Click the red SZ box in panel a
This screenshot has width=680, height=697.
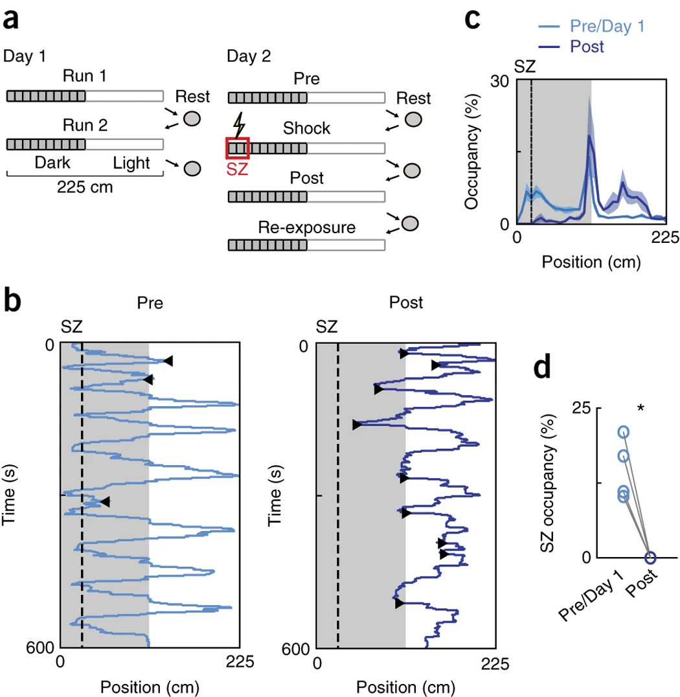tap(237, 148)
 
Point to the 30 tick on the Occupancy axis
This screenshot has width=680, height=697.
tap(503, 80)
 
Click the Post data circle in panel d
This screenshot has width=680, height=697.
tap(650, 557)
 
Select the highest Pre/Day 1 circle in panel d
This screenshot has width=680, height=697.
tap(623, 432)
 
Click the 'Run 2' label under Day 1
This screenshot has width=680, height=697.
tap(84, 124)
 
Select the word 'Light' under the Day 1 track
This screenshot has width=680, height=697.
tap(131, 163)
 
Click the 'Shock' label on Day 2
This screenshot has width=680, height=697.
tap(306, 128)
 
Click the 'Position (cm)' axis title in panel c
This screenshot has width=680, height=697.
tap(591, 262)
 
